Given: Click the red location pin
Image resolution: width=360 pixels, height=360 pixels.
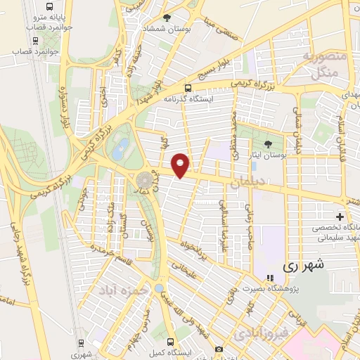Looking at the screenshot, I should [x=181, y=165].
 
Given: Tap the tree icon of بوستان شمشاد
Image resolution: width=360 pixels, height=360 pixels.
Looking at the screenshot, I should [x=167, y=18].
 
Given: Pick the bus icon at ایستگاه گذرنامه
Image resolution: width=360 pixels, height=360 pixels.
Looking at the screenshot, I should [x=188, y=88].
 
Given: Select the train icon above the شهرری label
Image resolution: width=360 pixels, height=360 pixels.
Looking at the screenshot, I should [x=82, y=343].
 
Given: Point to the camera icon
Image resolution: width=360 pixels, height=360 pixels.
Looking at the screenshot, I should [x=219, y=349].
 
